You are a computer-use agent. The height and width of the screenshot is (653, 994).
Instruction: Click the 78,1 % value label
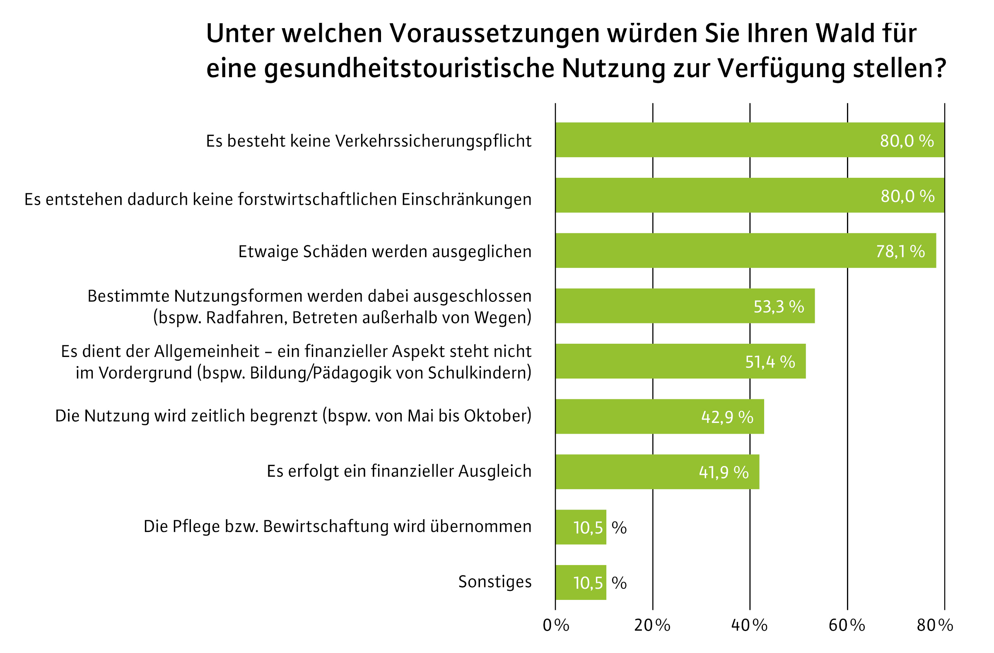coord(900,252)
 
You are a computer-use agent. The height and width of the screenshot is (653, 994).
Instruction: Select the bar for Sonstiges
coord(581,583)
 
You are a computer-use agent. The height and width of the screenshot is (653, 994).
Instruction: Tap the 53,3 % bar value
coord(779,307)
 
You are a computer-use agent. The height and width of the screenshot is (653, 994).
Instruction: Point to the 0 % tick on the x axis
coord(556,625)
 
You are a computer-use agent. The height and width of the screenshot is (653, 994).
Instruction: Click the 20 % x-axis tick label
coord(652,625)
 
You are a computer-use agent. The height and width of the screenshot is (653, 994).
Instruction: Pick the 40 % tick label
coord(749,625)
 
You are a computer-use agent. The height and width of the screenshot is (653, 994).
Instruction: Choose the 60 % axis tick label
coord(847,625)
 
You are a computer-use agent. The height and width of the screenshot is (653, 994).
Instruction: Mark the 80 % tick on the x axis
coord(935,625)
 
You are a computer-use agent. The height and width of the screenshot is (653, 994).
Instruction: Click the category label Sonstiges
coord(495,582)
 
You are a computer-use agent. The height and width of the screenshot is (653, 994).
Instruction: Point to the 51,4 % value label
coord(770,362)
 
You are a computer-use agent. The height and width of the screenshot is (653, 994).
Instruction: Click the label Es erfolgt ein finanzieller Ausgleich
coord(399,471)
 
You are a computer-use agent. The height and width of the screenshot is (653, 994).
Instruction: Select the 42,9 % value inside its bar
coord(727,417)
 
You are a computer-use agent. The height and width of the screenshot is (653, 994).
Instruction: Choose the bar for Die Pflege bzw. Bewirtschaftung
coord(581,527)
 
